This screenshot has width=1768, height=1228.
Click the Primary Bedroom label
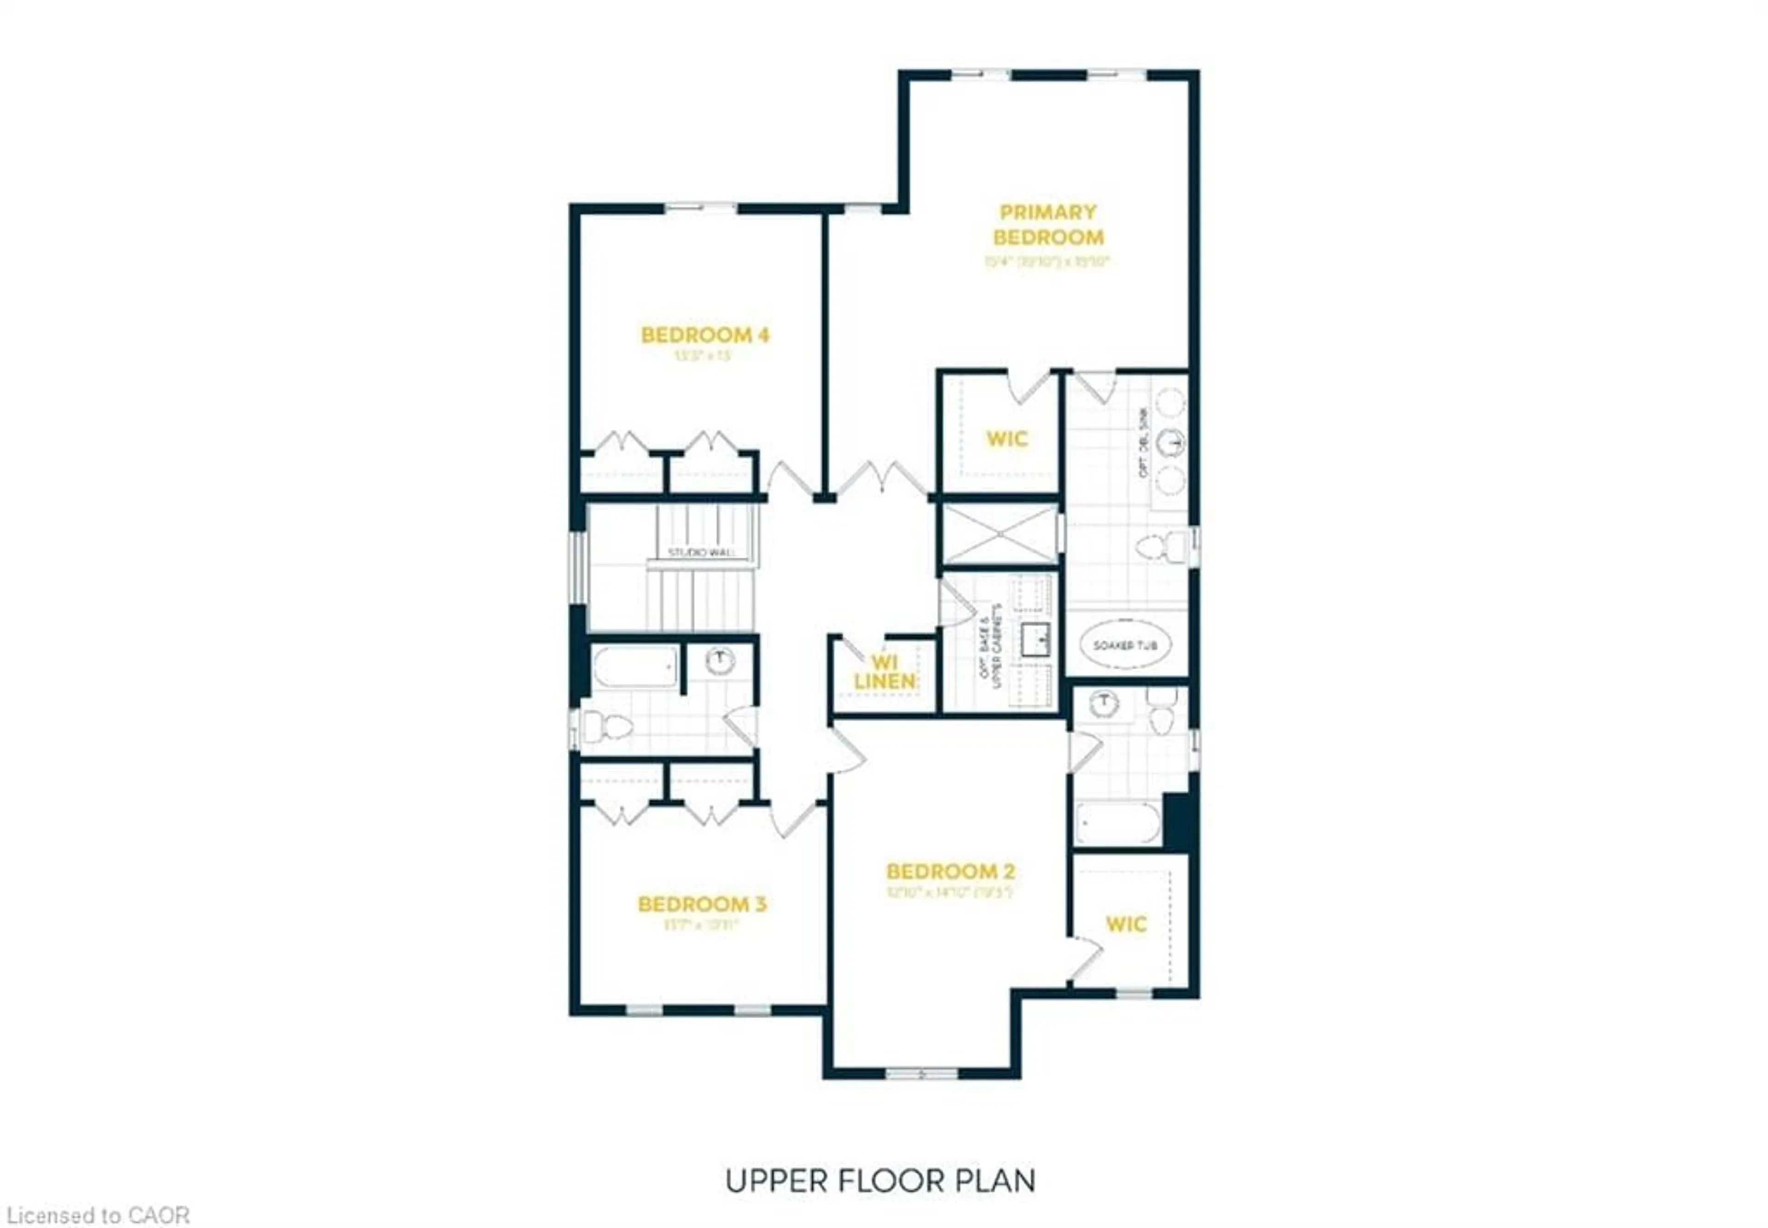coord(1047,224)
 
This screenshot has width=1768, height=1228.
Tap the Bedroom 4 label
coord(704,335)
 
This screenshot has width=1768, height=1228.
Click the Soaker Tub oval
coord(1125,645)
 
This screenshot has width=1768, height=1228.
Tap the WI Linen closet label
coord(884,672)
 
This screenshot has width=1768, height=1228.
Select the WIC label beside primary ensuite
coord(1006,439)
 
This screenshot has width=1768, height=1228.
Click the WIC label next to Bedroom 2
coord(1126,924)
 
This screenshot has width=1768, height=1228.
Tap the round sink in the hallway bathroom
coord(720,660)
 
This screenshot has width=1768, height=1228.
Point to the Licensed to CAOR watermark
coord(95,1215)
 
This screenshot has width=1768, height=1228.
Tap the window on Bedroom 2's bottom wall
coord(920,1073)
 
